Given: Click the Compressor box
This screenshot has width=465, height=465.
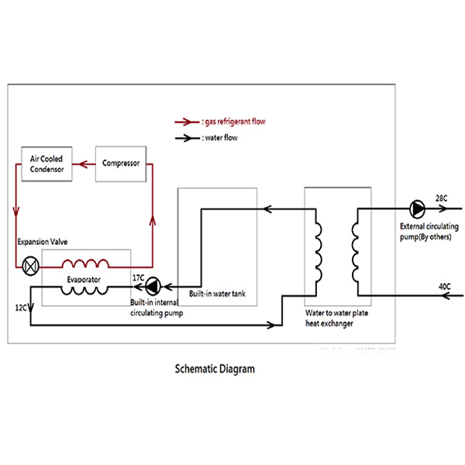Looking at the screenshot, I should [x=120, y=164].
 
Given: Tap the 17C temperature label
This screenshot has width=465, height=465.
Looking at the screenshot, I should [x=138, y=277].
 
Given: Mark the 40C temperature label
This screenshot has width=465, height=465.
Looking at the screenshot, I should [x=445, y=288].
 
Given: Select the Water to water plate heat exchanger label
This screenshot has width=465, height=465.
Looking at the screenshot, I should [x=332, y=319].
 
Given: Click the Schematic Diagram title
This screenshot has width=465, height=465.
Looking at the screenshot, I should [x=215, y=369].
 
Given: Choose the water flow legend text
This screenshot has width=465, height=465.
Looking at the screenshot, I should [x=219, y=139].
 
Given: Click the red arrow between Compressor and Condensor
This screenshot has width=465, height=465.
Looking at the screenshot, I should [x=84, y=164].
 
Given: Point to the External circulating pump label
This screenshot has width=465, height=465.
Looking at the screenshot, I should [x=425, y=231].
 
